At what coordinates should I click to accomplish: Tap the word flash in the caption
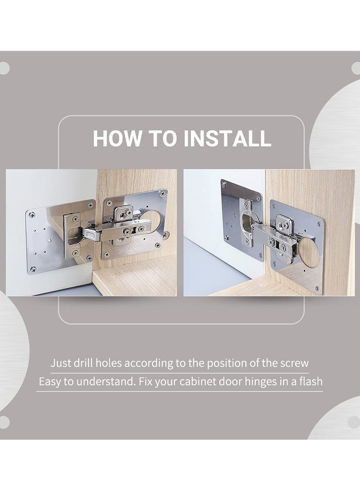coord(308,382)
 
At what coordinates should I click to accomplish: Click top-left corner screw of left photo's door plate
coord(31,214)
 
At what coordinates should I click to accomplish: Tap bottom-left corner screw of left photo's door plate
coord(33,269)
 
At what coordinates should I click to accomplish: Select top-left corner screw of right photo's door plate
coord(224,184)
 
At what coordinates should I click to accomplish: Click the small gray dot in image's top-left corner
coord(4,68)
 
